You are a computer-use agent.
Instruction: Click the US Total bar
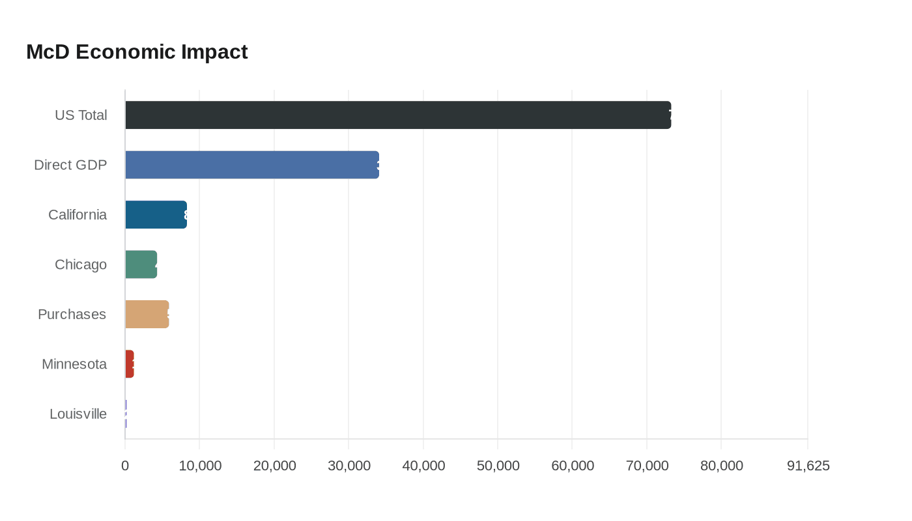[x=397, y=115]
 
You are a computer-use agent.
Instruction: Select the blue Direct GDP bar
[x=251, y=165]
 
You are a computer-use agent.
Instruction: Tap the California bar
[x=156, y=215]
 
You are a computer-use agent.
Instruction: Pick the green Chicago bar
[x=141, y=264]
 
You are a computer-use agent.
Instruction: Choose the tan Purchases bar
[x=147, y=315]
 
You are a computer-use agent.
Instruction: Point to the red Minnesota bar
[x=129, y=364]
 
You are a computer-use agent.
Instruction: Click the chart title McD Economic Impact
[x=137, y=51]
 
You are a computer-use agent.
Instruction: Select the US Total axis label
[x=81, y=115]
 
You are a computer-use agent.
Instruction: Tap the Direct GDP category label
[x=70, y=165]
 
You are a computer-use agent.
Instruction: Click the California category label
[x=78, y=215]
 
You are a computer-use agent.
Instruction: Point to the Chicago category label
[x=81, y=264]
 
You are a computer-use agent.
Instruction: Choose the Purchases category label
[x=72, y=315]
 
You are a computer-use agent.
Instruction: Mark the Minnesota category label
[x=74, y=364]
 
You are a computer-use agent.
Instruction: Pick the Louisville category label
[x=78, y=414]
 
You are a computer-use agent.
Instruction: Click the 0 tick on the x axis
[x=125, y=466]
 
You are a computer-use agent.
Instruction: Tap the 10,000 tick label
[x=200, y=466]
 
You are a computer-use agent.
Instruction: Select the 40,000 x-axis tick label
[x=423, y=466]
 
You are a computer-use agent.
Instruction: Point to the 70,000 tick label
[x=647, y=466]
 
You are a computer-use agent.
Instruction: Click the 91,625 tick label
[x=808, y=466]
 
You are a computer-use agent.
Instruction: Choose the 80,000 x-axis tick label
[x=721, y=466]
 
